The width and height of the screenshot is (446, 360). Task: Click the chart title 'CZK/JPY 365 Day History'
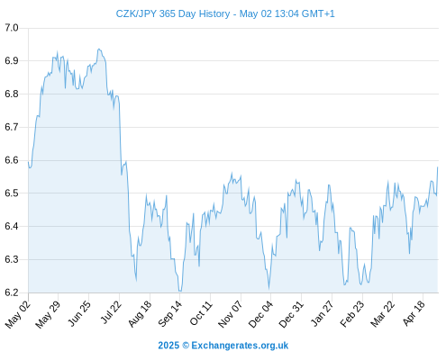coord(173,13)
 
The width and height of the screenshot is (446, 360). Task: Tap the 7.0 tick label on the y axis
coord(12,28)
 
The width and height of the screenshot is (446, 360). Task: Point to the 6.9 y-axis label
coord(12,61)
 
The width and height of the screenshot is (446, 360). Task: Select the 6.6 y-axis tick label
coord(12,160)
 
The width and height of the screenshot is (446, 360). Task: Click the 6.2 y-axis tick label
coord(12,292)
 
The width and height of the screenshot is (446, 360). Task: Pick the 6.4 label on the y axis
coord(12,226)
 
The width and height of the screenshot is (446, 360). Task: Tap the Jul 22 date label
coord(111,312)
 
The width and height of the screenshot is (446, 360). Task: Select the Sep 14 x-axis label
coord(170,313)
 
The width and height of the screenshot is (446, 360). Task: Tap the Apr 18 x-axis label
coord(414,313)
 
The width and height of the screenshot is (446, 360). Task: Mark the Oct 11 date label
coord(201,313)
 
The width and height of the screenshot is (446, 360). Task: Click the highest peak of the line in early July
coord(99,49)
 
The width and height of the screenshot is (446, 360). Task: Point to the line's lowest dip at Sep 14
coord(180,291)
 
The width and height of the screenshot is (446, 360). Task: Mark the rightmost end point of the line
coord(438,167)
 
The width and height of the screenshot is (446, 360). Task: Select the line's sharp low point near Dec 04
coord(269,288)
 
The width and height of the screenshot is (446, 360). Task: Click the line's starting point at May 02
coord(29,162)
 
